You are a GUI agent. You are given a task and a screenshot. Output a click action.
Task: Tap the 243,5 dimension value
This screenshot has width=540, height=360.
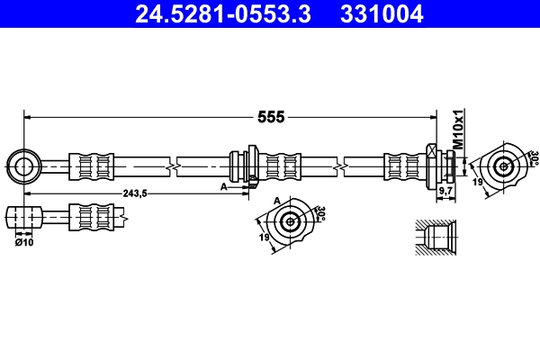133,193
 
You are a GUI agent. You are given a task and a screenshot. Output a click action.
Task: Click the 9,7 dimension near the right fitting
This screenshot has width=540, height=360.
445,192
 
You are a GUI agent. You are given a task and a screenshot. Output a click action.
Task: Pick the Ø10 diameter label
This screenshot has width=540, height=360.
24,242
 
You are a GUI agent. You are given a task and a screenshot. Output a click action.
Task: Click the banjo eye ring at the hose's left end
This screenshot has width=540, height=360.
22,166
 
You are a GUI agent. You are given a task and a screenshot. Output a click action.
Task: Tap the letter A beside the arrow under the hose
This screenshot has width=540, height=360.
224,186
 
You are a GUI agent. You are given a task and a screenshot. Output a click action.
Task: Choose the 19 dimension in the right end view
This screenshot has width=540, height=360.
477,183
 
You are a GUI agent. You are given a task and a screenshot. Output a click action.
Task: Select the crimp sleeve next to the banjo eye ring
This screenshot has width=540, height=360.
93,166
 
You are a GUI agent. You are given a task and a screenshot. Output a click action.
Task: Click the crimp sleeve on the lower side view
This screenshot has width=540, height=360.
93,217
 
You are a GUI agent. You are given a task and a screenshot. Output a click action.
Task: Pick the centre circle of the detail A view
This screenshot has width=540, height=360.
290,222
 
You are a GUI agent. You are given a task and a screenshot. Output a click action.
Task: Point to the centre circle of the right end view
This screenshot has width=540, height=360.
503,166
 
